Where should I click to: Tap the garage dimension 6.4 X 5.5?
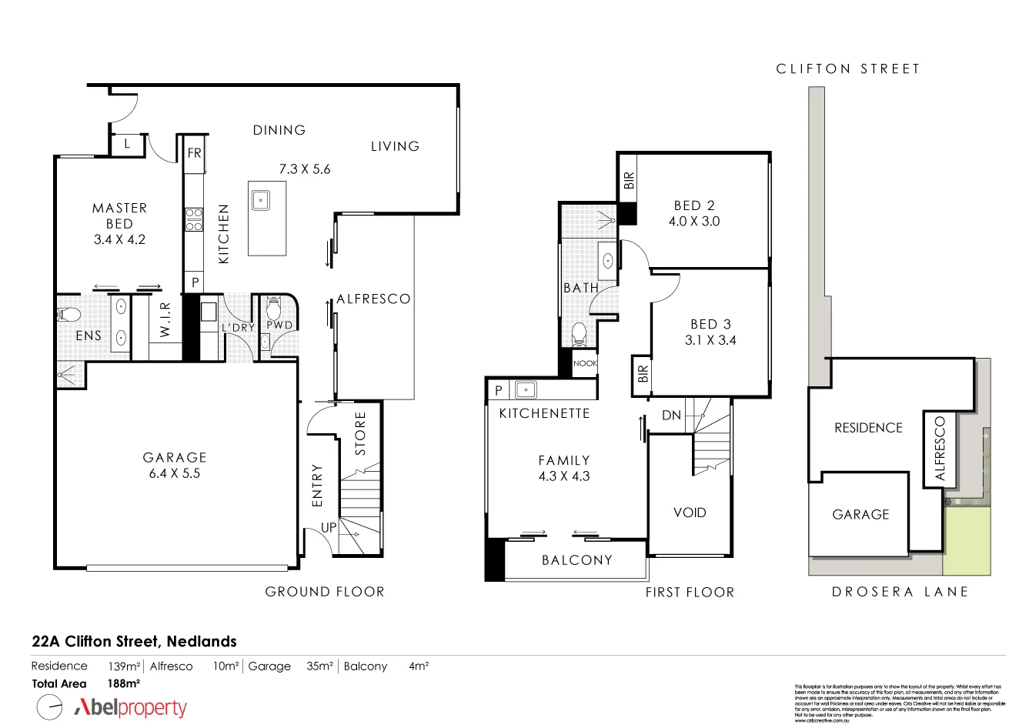click(175, 474)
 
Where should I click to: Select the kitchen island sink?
click(260, 199)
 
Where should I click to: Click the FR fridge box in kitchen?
click(194, 153)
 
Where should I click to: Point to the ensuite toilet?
click(68, 314)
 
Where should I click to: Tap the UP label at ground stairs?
click(329, 528)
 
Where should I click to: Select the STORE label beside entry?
click(360, 433)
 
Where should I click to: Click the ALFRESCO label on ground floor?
click(373, 299)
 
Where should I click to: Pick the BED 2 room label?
click(694, 205)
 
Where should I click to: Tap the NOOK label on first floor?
click(585, 363)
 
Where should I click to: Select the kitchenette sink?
click(526, 389)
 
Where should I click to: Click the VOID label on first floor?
click(690, 513)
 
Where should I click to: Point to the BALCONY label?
click(577, 560)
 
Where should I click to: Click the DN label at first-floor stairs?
click(671, 416)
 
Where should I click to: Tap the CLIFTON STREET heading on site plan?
click(848, 69)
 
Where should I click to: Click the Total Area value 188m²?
click(123, 683)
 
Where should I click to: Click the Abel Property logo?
click(131, 707)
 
